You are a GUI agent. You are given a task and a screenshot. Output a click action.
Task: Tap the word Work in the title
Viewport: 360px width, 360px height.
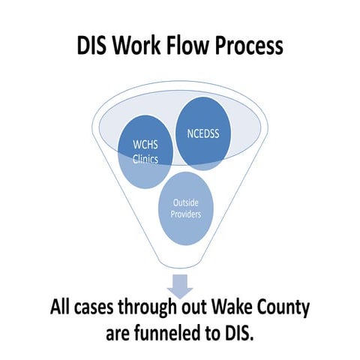(136, 45)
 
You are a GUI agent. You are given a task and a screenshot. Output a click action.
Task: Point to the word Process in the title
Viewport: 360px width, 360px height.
(249, 46)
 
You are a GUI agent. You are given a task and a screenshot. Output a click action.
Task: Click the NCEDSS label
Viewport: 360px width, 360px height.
(203, 133)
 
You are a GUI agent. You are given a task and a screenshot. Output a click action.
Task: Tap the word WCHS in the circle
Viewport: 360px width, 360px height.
(145, 145)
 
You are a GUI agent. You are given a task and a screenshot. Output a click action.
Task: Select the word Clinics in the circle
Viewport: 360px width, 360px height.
(145, 159)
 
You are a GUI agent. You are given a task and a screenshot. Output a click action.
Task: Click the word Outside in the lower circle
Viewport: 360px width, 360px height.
(186, 202)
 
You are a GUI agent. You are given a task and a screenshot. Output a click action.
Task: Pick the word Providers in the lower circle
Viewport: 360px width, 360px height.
(186, 214)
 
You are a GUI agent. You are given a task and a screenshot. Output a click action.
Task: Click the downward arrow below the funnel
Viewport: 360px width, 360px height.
(180, 286)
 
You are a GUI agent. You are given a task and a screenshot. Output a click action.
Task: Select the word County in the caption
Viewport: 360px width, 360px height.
(284, 308)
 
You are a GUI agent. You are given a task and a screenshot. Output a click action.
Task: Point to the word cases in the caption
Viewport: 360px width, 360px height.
(94, 307)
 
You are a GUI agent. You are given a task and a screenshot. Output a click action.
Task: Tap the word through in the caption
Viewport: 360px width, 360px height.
(147, 308)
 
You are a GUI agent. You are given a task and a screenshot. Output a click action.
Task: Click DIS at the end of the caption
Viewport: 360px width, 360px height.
(239, 333)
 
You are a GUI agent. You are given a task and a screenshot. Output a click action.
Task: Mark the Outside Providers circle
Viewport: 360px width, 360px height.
(186, 208)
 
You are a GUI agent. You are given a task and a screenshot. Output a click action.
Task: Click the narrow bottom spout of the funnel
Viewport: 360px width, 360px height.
(180, 264)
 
